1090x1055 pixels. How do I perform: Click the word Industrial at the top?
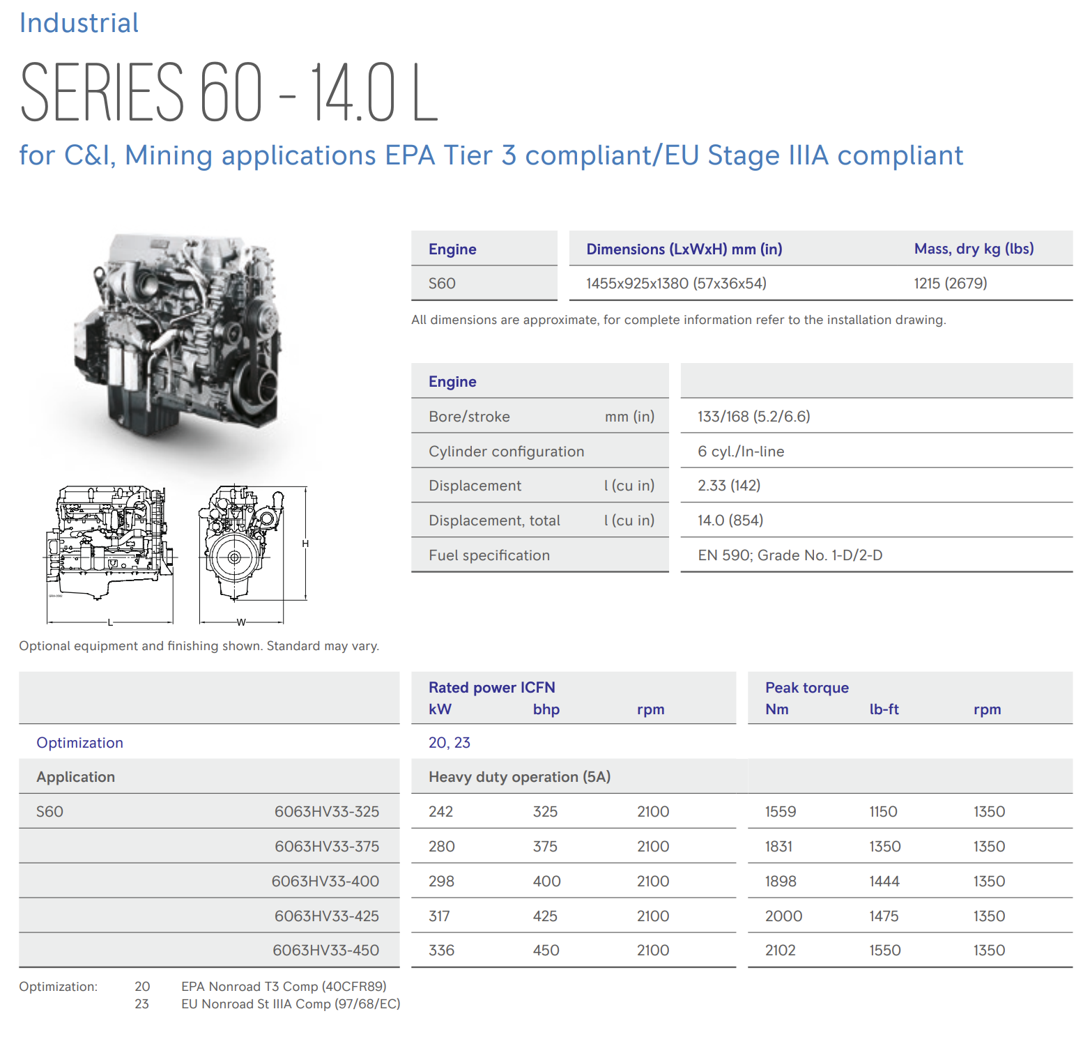79,23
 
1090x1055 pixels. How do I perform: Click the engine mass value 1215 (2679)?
950,284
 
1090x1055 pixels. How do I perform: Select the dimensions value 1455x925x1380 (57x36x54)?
676,284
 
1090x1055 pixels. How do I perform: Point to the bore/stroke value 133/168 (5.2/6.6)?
753,417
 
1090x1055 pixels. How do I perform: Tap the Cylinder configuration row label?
506,452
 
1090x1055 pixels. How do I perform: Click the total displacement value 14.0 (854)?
730,521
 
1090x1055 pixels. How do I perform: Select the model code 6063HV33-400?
325,881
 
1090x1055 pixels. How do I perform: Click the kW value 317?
439,916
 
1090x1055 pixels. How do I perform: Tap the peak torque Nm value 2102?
780,950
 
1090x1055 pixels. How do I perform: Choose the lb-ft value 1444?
884,881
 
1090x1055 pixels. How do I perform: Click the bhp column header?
546,709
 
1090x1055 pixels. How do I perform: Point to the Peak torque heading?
806,688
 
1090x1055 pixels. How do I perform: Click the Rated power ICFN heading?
491,688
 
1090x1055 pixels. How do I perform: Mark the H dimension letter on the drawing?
305,544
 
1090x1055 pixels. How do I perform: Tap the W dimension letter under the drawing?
241,622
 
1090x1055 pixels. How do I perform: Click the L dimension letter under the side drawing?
110,622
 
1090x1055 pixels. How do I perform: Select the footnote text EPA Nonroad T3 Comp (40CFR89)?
284,987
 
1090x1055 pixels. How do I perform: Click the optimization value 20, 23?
449,743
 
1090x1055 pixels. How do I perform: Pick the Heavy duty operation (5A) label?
519,777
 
